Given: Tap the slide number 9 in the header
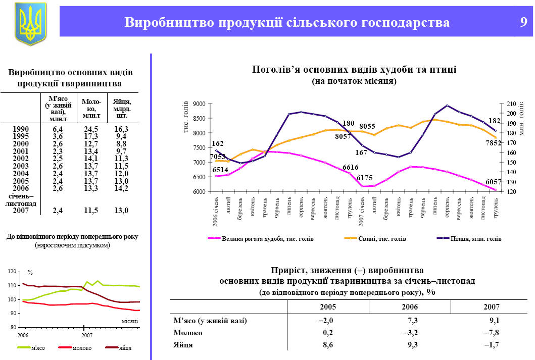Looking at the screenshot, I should (x=523, y=22).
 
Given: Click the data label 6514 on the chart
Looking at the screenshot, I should (x=220, y=170).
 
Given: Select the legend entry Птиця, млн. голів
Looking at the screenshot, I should (x=475, y=238).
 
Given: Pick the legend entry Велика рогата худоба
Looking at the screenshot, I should (x=268, y=238).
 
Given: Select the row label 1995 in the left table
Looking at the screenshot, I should (x=20, y=136).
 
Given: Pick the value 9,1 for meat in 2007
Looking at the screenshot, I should (x=494, y=320).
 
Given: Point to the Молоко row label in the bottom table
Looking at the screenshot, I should (x=188, y=333).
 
